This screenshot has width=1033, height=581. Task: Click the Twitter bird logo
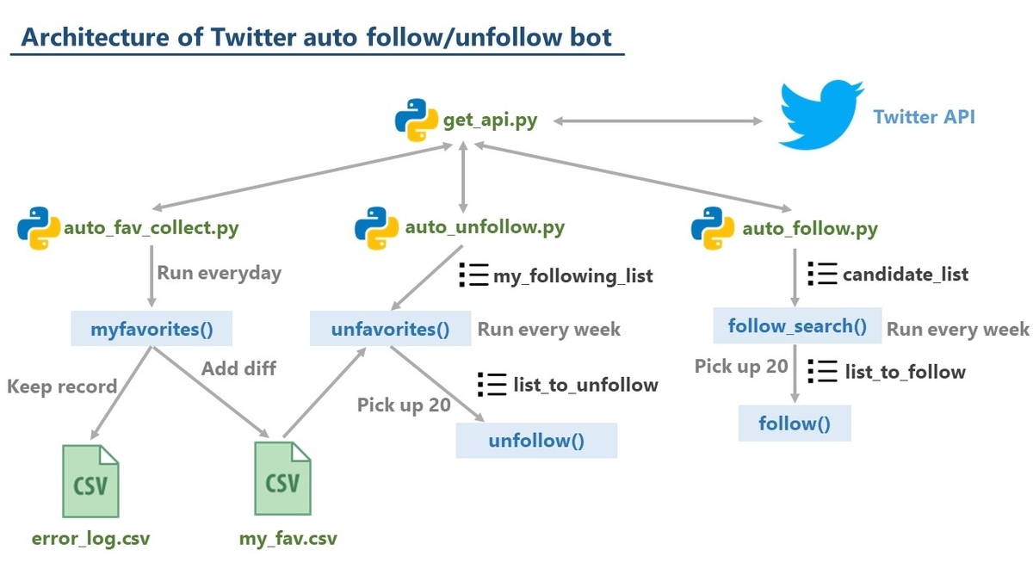pos(821,114)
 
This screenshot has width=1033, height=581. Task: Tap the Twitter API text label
pos(925,117)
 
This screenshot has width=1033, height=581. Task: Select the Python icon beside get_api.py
pos(416,120)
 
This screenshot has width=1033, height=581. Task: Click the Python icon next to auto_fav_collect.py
pos(39,228)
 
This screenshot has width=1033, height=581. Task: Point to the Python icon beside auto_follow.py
pos(713,228)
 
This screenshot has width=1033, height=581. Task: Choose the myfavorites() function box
pos(152,328)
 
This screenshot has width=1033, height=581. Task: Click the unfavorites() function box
pos(390,328)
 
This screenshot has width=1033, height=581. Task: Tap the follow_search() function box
pos(797,325)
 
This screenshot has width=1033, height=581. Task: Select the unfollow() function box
pos(536,441)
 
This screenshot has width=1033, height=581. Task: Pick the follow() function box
pos(795,423)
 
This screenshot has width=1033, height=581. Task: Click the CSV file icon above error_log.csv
pos(91,481)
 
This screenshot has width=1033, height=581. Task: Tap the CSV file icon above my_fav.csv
pos(282,479)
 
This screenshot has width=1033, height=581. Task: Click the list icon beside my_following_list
pos(473,275)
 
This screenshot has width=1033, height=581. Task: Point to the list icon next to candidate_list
pos(822,274)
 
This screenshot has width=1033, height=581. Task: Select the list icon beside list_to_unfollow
pos(492,384)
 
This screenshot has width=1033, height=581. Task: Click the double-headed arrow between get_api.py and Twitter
pos(658,121)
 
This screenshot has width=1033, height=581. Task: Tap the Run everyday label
pos(219,273)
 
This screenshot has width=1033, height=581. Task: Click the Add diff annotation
pos(239,368)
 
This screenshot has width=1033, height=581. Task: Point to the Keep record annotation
pos(62,386)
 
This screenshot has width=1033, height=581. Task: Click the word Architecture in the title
pos(95,37)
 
